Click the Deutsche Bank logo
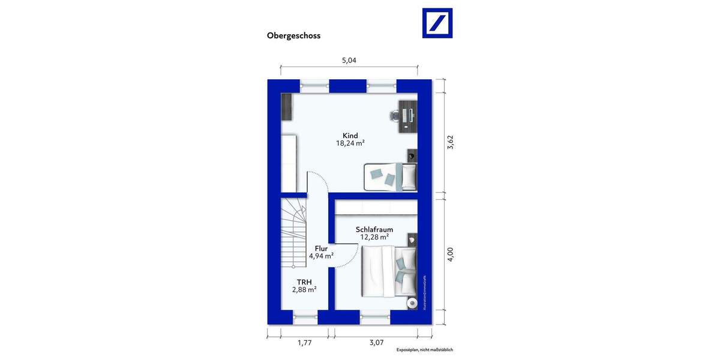pyautogui.click(x=437, y=23)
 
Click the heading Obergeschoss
pyautogui.click(x=293, y=35)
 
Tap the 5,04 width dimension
pyautogui.click(x=350, y=60)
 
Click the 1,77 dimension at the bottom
pyautogui.click(x=304, y=343)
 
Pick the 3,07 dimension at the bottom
pyautogui.click(x=376, y=343)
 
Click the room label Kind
pyautogui.click(x=350, y=136)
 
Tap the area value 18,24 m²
pyautogui.click(x=350, y=144)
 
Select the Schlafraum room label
pyautogui.click(x=374, y=229)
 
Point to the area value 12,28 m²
pyautogui.click(x=374, y=238)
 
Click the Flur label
pyautogui.click(x=321, y=247)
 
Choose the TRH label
pyautogui.click(x=304, y=281)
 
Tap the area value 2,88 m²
pyautogui.click(x=304, y=289)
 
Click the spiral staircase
pyautogui.click(x=294, y=234)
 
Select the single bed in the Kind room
pyautogui.click(x=389, y=176)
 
